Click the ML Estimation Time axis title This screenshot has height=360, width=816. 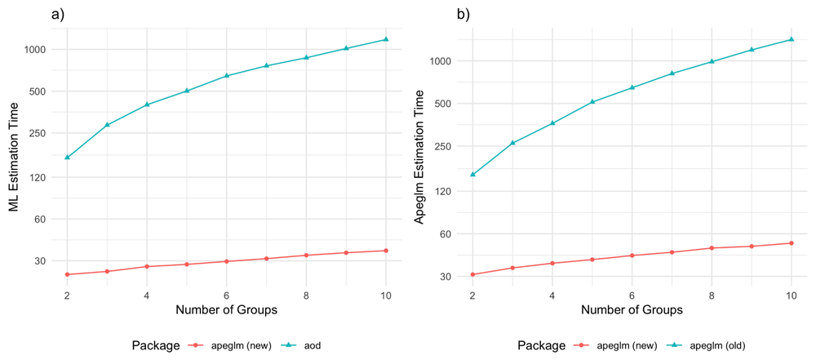point(14,155)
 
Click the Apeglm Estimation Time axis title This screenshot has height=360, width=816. point(419,155)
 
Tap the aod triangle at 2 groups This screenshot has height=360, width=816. point(67,158)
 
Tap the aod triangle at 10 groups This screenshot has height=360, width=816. point(386,39)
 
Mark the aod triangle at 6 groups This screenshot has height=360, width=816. point(227,76)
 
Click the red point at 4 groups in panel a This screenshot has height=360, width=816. point(147,267)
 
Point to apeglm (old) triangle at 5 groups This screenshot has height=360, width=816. point(592,102)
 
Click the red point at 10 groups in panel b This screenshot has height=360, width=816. point(791,243)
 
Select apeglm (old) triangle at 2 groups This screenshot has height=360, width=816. point(472,175)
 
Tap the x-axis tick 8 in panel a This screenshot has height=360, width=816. point(306,294)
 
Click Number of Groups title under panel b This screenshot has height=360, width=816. point(632,310)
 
